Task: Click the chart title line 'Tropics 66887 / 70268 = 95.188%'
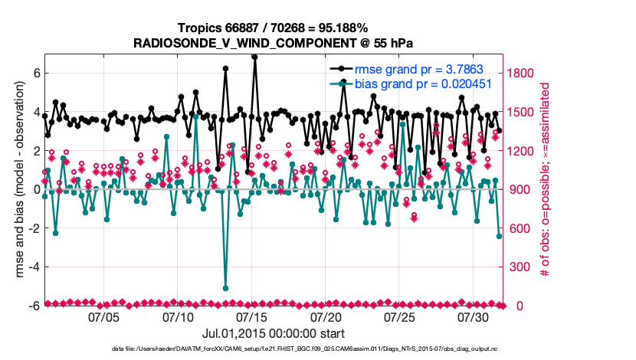point(273,28)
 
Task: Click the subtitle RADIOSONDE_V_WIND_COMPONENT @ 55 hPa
point(273,43)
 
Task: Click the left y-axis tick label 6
point(36,74)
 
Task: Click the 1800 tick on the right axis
point(523,74)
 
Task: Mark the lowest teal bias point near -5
point(225,288)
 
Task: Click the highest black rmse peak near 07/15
point(254,57)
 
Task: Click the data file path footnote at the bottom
point(273,350)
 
